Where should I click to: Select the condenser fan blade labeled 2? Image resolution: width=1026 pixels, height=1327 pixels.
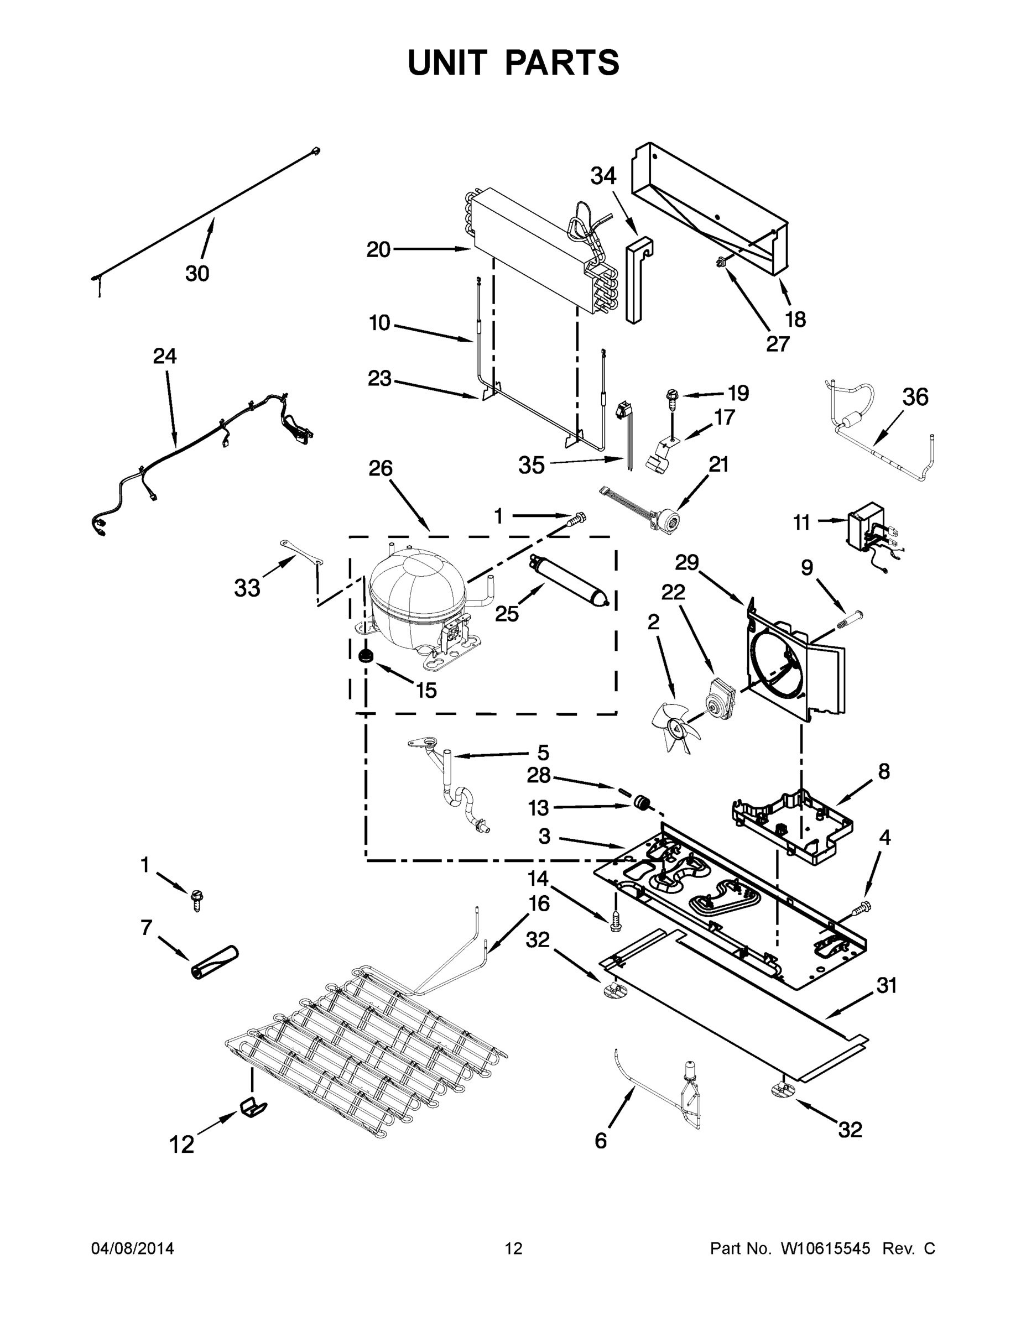click(x=675, y=726)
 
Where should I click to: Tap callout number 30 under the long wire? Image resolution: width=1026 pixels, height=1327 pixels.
click(x=197, y=274)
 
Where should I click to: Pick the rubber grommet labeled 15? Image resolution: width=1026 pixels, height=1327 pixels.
click(x=365, y=656)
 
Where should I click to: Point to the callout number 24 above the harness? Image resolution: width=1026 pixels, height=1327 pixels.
click(x=165, y=356)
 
